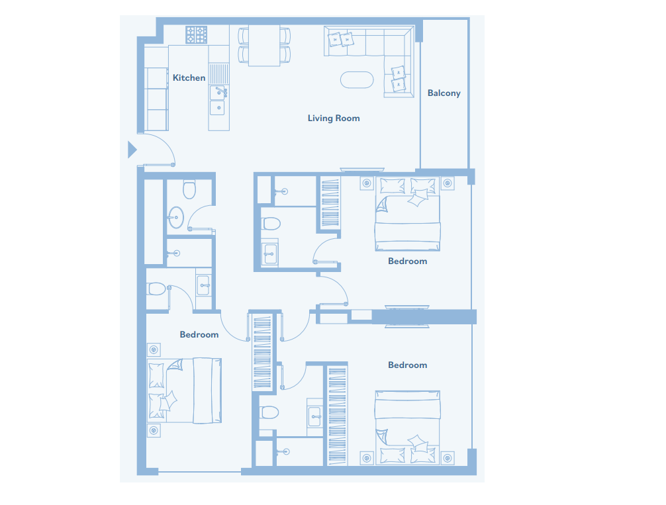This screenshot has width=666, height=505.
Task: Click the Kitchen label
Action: tap(189, 77)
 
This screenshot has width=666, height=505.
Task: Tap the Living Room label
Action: tap(334, 118)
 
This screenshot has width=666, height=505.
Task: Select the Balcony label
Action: tap(444, 93)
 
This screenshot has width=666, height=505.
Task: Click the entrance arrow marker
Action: tap(132, 150)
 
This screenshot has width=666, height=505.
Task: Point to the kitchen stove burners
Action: tap(196, 35)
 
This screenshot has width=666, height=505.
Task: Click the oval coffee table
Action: tap(357, 80)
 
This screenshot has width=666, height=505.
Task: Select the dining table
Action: tap(263, 46)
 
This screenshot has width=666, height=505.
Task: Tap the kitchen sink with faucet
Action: tap(218, 92)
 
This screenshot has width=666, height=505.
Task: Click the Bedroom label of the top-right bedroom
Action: tap(408, 261)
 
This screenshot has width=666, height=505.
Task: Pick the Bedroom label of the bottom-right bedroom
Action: tap(408, 365)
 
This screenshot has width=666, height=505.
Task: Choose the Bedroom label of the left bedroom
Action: tap(199, 335)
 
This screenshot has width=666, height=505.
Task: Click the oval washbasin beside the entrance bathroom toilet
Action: tap(175, 218)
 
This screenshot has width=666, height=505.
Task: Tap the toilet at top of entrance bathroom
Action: tap(189, 189)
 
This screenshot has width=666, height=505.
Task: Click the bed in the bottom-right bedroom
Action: tap(407, 428)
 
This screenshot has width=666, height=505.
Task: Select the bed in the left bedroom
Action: tap(184, 390)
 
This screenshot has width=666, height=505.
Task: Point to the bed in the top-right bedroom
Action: tap(407, 214)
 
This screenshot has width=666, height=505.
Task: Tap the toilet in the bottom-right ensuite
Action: tap(269, 412)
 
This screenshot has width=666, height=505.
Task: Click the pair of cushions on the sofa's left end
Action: tap(341, 40)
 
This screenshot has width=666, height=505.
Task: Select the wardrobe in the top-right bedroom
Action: tap(330, 204)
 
